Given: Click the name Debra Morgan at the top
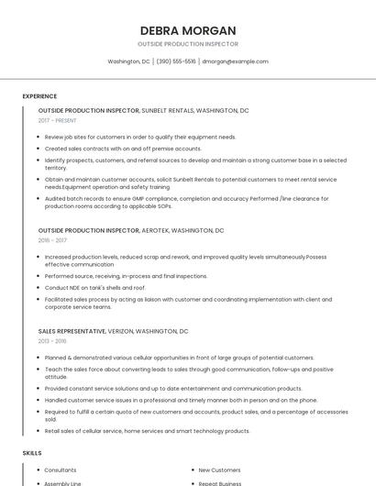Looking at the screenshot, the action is tap(188, 30).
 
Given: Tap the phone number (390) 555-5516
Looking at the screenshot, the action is tap(176, 61).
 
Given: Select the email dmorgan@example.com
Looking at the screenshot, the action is tap(235, 61).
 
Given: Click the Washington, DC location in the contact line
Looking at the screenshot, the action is tap(128, 61).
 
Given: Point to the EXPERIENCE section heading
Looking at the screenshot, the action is tap(39, 95).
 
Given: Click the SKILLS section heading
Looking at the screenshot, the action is tap(32, 453).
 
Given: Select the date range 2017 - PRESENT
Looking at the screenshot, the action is tap(59, 120).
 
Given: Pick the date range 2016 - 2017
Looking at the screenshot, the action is tap(52, 240).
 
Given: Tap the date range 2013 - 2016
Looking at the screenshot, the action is tap(52, 340).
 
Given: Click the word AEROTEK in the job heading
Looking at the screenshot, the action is tap(155, 230).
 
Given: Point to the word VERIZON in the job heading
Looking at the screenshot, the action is tap(124, 330).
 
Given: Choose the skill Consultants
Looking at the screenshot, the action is tap(61, 469).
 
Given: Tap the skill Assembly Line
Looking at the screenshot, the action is tap(62, 482).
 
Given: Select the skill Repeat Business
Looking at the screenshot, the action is tap(219, 482).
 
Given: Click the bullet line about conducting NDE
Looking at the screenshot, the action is tap(94, 287).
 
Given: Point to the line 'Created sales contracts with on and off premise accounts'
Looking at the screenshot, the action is tap(123, 148).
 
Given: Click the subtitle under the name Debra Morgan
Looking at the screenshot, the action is tap(188, 44).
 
